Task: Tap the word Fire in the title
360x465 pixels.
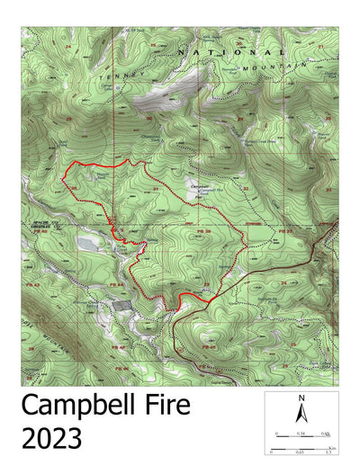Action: coord(166,406)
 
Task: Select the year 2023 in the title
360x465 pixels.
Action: coord(52,440)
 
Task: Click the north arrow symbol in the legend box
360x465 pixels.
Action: coord(302,414)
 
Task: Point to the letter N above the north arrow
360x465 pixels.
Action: coord(302,398)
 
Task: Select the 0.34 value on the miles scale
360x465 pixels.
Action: coord(300,433)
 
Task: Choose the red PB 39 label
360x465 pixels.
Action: coord(202,231)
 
